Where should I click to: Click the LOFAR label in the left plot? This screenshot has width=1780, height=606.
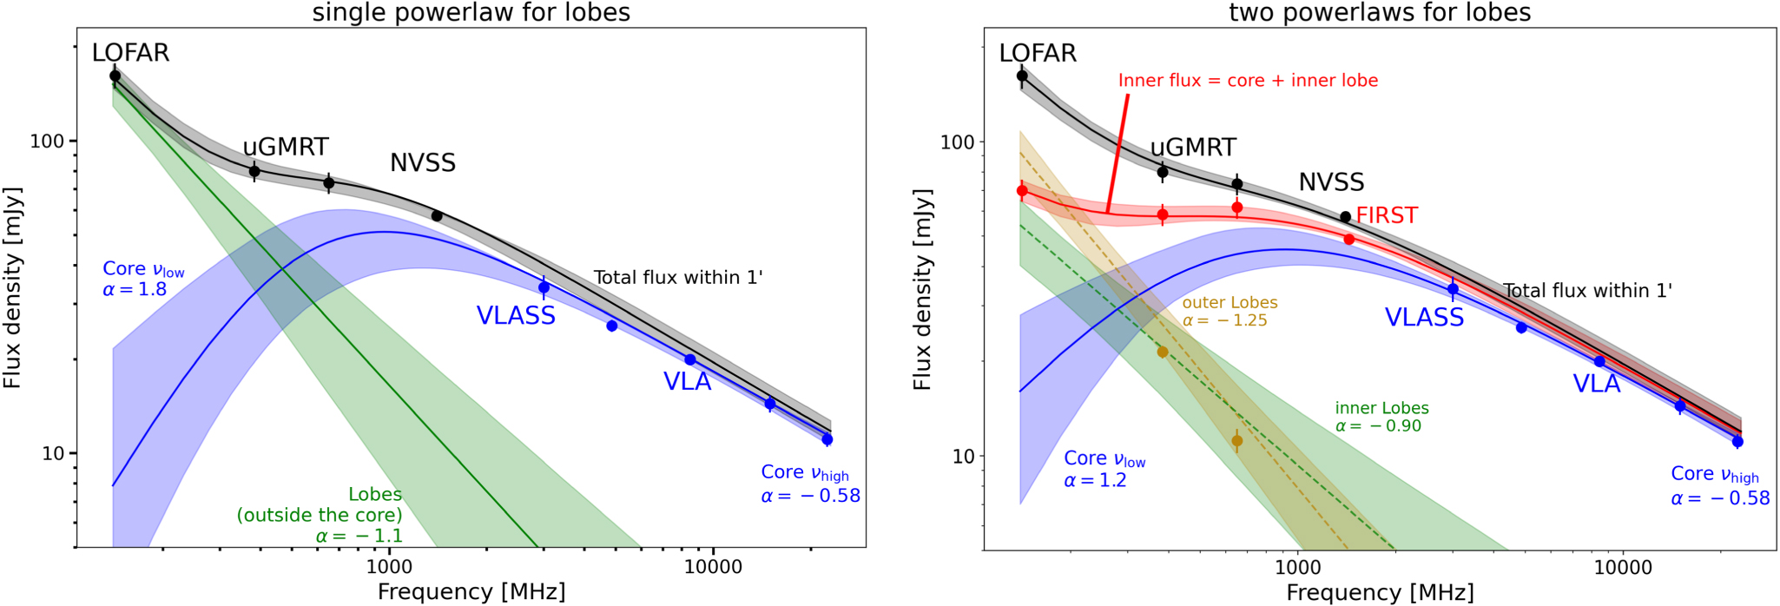(130, 53)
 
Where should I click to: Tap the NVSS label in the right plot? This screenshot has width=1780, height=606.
(1331, 182)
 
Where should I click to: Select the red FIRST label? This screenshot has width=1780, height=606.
(1387, 215)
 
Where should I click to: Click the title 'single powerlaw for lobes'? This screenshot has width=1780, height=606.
(471, 12)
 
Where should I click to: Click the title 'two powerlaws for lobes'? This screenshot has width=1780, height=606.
(1380, 12)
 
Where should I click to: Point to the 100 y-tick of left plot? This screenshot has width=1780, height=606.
(53, 141)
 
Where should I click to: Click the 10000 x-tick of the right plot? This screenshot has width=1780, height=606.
(1622, 568)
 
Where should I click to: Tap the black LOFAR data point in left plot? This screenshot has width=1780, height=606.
(115, 76)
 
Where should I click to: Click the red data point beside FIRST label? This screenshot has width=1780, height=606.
(1348, 240)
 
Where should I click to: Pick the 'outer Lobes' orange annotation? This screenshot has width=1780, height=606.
(1230, 303)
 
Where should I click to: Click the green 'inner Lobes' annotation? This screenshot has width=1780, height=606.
(1381, 408)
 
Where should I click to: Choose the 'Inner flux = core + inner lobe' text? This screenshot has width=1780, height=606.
(1248, 81)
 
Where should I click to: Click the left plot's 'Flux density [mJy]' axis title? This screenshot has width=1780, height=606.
(12, 287)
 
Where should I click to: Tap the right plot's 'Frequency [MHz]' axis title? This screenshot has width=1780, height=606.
(1380, 593)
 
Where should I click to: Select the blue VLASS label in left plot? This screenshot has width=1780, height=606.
(516, 316)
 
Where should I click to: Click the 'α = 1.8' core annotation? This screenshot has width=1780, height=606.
(135, 289)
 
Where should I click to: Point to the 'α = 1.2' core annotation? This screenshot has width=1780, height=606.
(1095, 480)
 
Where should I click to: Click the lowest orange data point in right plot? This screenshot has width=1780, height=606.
(1236, 441)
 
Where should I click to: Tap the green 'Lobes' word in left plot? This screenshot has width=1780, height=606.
(375, 494)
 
